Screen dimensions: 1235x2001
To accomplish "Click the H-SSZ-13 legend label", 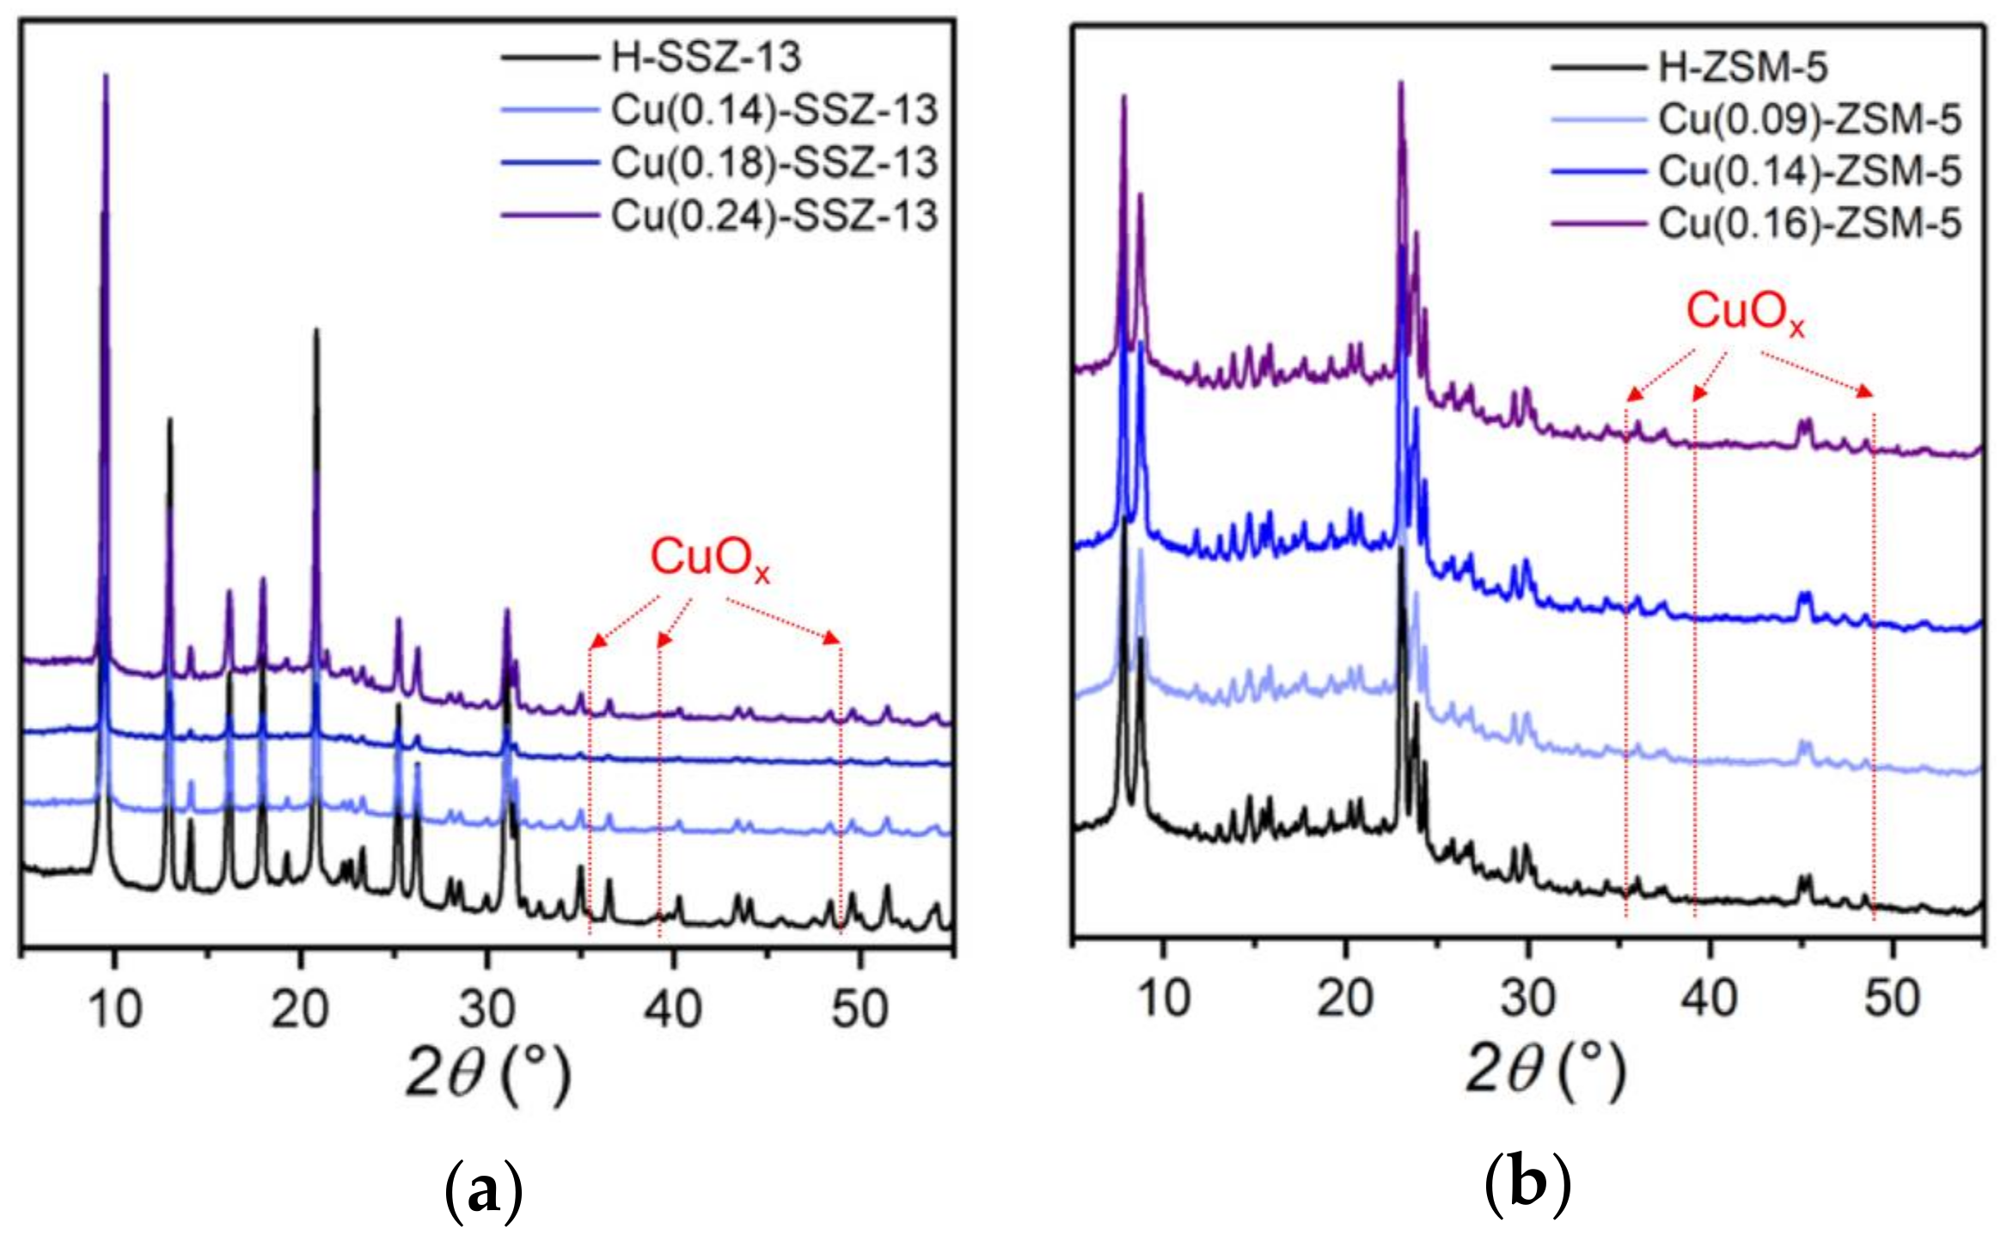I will tap(706, 58).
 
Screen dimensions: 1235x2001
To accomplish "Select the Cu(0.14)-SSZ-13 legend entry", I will tap(774, 110).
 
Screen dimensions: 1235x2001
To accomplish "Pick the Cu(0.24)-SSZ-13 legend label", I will tap(774, 216).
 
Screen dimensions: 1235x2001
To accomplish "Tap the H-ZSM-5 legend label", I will tap(1742, 67).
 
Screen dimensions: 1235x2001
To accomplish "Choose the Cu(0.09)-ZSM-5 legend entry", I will tap(1809, 119).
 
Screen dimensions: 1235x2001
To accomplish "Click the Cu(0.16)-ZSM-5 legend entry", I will tap(1809, 223).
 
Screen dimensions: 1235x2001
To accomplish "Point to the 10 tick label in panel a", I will tap(114, 1009).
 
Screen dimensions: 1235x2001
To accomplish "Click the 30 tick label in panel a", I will tap(486, 1009).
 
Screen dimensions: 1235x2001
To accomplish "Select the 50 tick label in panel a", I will tap(859, 1009).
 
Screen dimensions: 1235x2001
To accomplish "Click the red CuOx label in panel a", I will tap(709, 559).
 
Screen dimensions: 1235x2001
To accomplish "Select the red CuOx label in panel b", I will tap(1745, 313).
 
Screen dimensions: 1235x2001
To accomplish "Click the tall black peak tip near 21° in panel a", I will tap(315, 330).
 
